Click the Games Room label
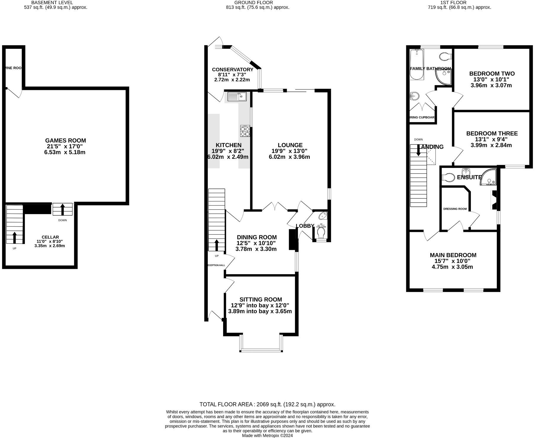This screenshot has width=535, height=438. [65, 140]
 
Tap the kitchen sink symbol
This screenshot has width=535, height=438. [237, 96]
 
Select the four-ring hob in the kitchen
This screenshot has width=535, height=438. [245, 131]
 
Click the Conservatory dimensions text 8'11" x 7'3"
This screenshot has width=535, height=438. [232, 75]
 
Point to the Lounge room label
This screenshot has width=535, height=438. [290, 145]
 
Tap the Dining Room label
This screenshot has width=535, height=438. [257, 237]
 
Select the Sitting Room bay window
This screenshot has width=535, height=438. [260, 350]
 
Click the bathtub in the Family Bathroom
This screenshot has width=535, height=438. [416, 64]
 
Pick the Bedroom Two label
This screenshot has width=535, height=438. [492, 74]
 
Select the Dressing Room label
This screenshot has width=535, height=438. [455, 209]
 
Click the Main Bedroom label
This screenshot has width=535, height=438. [453, 255]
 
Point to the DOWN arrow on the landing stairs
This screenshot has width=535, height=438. [418, 150]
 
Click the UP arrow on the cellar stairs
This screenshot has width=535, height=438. [14, 237]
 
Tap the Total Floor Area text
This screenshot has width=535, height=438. [267, 404]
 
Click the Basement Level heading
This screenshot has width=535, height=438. [52, 3]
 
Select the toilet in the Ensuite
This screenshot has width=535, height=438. [448, 177]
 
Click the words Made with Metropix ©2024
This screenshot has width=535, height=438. [267, 435]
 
